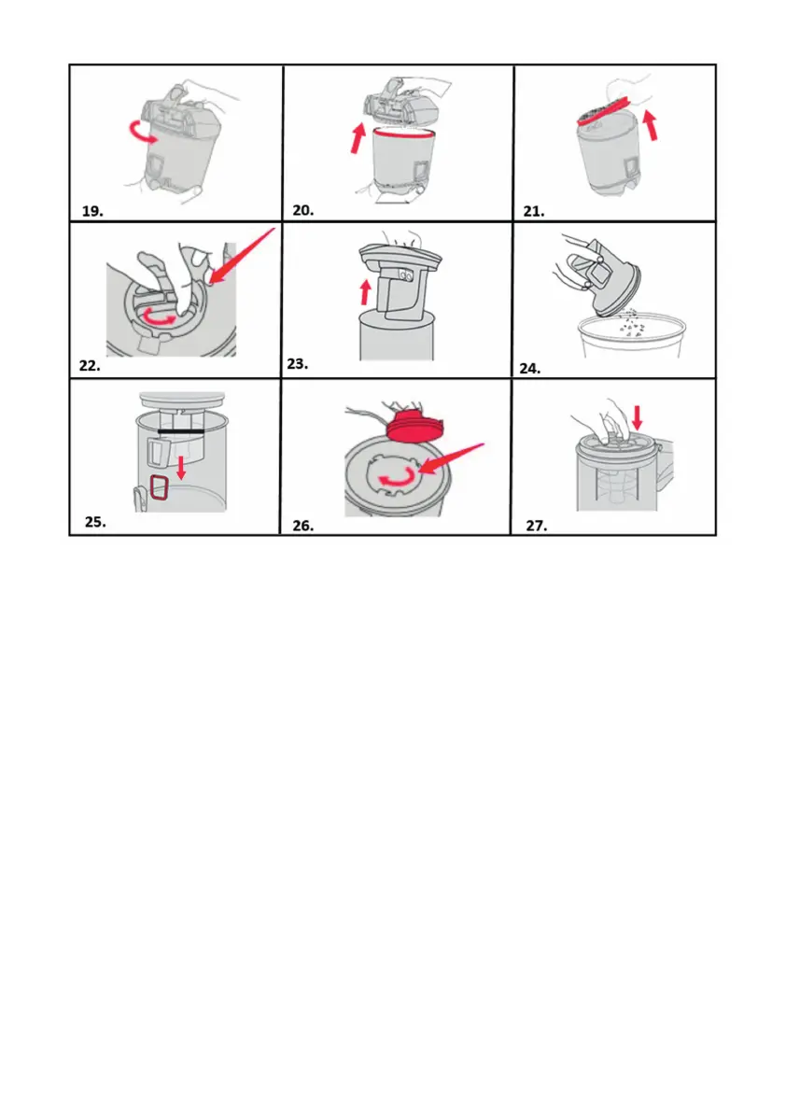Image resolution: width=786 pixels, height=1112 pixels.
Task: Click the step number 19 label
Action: coord(92,211)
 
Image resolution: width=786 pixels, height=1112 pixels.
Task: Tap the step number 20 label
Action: coord(302,211)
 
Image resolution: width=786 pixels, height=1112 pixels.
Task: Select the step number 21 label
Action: coord(534,211)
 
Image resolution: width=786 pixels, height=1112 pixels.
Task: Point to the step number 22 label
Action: coord(90,366)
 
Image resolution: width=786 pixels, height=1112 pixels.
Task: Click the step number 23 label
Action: coord(298,364)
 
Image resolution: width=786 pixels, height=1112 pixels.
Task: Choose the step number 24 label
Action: coord(530,369)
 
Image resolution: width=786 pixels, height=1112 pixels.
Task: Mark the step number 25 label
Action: coord(95,522)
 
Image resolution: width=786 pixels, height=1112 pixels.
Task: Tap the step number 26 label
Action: coord(302,526)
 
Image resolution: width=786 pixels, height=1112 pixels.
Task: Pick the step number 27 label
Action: coord(536,526)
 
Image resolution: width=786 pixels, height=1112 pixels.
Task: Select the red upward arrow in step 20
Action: coord(358,138)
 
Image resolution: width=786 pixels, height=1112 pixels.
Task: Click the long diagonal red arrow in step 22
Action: coord(243,258)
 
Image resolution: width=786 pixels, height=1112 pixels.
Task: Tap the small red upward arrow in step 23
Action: coord(365,291)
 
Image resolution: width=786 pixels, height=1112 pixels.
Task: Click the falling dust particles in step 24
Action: coord(632,323)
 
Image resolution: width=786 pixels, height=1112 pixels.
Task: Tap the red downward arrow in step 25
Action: coord(181,468)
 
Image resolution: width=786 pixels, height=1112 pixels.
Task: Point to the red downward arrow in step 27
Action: coord(638,417)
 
